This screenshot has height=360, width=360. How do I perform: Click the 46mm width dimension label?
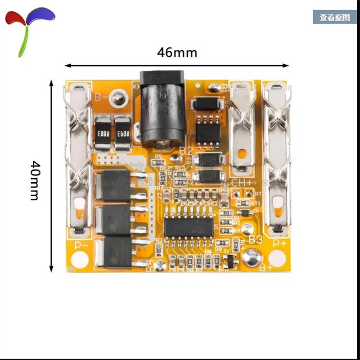point(177,53)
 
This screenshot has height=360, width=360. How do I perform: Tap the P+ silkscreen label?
point(279,243)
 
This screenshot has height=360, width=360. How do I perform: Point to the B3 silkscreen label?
point(255,239)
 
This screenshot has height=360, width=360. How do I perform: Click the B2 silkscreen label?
point(185,151)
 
